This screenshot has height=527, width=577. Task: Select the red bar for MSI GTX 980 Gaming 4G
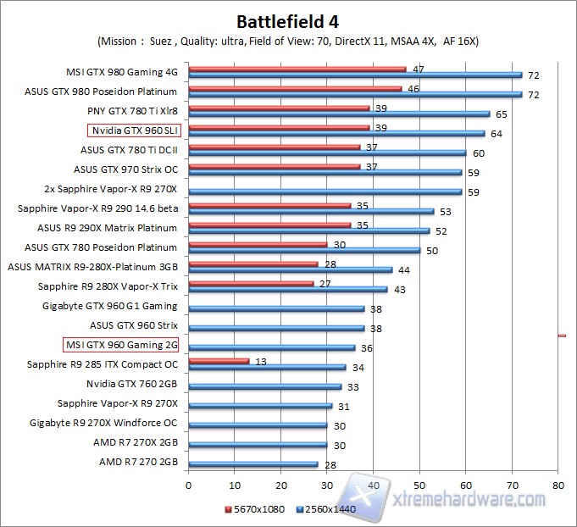click(x=297, y=69)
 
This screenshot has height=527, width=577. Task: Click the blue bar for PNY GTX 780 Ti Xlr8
click(x=339, y=114)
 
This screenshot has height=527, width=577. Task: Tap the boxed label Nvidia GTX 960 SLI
click(x=134, y=130)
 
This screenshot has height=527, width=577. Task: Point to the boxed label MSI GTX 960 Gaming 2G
click(x=122, y=345)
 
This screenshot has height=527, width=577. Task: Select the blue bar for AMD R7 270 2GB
click(x=253, y=464)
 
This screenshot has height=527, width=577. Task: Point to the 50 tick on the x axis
click(x=419, y=486)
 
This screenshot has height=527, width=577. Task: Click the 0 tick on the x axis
click(x=188, y=486)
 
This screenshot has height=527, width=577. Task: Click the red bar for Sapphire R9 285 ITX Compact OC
click(x=219, y=361)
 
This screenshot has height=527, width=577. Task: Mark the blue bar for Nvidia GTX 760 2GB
click(x=264, y=386)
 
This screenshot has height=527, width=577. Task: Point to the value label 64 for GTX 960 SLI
click(x=496, y=133)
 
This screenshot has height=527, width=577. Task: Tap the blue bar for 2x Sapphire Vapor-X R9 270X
click(x=325, y=191)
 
